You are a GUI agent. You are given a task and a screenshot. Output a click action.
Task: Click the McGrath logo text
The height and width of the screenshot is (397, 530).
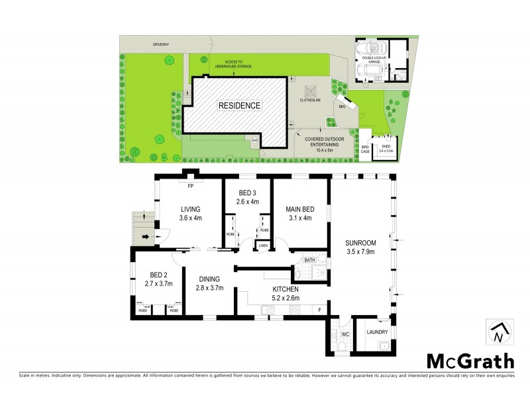pyautogui.click(x=469, y=361)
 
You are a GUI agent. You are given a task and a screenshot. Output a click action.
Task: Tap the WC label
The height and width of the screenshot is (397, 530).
pyautogui.click(x=344, y=335)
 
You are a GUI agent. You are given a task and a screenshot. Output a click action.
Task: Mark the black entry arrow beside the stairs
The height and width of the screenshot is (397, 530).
pyautogui.click(x=146, y=236)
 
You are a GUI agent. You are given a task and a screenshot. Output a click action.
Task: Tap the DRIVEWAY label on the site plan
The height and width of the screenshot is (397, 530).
pyautogui.click(x=162, y=45)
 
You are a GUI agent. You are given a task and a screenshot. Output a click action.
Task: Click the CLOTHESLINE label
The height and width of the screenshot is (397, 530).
pyautogui.click(x=310, y=101)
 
